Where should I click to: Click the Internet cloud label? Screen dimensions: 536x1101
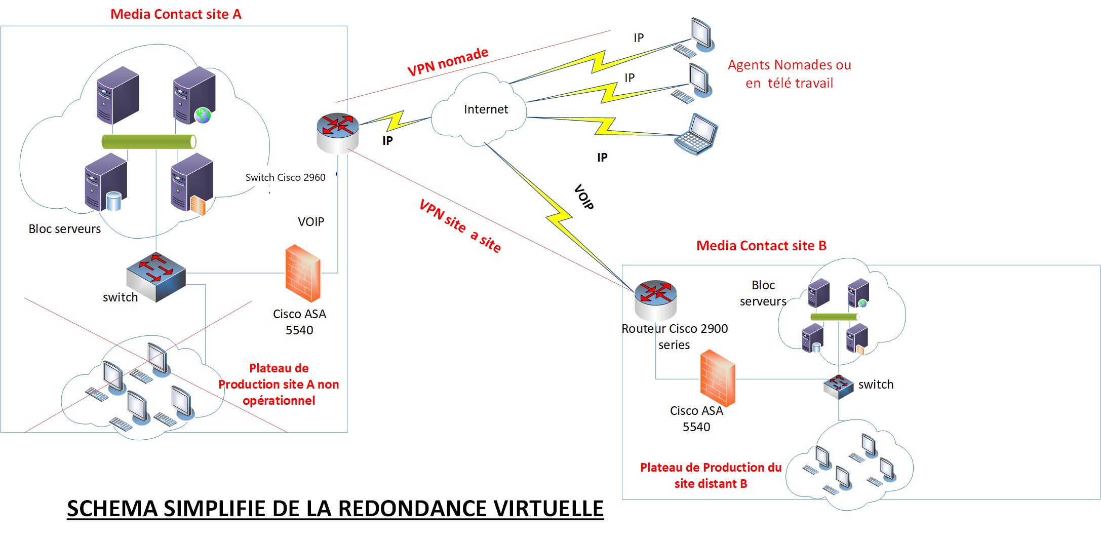tap(486, 109)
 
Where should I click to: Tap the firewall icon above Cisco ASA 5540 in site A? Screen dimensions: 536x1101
tap(303, 274)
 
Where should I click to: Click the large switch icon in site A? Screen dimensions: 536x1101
tap(156, 276)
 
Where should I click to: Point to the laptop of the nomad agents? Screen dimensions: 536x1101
tap(696, 134)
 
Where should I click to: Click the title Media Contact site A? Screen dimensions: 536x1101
tap(176, 14)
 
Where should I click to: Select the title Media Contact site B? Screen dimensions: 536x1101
tap(761, 246)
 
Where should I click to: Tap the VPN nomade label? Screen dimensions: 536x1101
tap(448, 62)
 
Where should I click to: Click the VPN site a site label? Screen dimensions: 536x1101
tap(460, 225)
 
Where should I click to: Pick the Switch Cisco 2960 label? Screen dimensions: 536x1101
tap(285, 177)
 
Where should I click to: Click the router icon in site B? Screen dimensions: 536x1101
tap(656, 299)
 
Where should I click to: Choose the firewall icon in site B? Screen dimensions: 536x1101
tap(718, 378)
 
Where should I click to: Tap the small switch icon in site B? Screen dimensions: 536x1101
tap(838, 387)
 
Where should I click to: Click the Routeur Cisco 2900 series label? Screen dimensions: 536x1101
tap(675, 336)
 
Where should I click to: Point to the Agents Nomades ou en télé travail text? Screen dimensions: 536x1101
tap(789, 74)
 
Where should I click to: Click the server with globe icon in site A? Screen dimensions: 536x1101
tap(194, 96)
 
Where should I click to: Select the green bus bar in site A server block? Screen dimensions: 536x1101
tap(149, 141)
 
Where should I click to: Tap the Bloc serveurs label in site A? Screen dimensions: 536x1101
tap(64, 229)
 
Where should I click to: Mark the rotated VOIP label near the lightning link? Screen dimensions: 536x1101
tap(584, 197)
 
